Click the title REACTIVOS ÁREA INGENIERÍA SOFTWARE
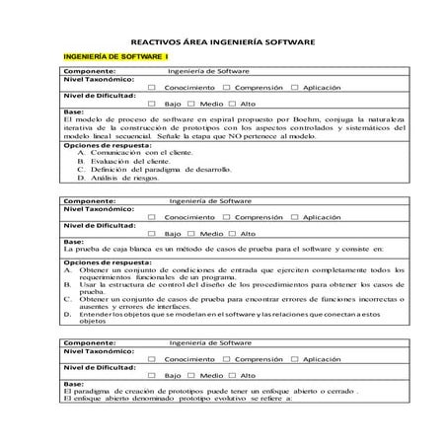tap(223, 42)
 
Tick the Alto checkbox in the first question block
tap(235, 103)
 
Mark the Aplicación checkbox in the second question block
tap(294, 217)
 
